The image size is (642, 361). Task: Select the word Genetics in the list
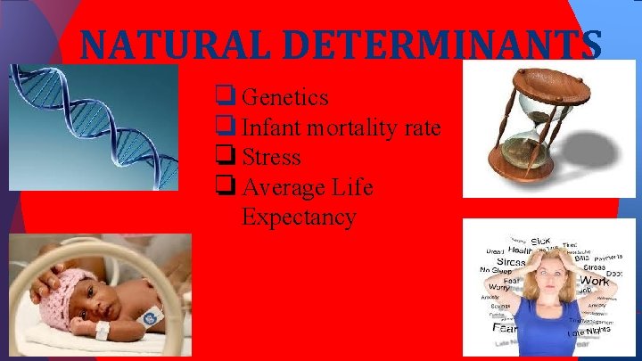(284, 97)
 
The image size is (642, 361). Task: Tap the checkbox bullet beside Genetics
(224, 96)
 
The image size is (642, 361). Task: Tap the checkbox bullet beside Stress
(224, 157)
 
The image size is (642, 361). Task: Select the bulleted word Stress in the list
(271, 158)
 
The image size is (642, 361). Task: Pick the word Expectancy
(298, 217)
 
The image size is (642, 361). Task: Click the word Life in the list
(350, 188)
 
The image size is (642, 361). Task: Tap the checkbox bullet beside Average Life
(224, 187)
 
